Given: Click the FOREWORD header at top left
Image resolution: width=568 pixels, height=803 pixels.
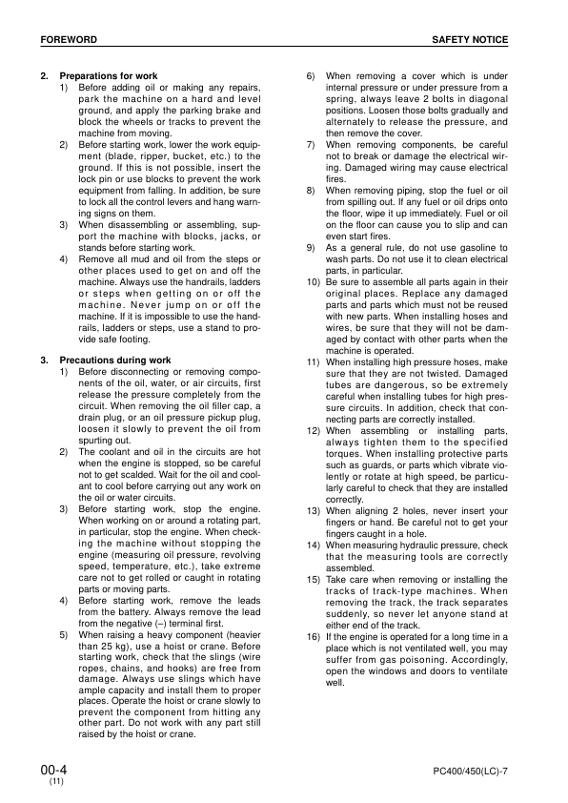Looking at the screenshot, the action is pos(68,39).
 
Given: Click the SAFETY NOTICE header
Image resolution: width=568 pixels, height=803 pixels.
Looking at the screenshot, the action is pos(470,39).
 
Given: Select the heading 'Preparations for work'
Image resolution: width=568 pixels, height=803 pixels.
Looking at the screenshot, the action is pos(109,75).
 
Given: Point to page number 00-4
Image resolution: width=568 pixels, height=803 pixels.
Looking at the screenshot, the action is pos(53,768).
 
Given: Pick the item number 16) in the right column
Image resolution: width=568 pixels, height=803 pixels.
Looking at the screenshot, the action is pos(312,636).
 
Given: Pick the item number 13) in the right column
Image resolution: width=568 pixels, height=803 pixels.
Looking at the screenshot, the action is pos(312,512).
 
